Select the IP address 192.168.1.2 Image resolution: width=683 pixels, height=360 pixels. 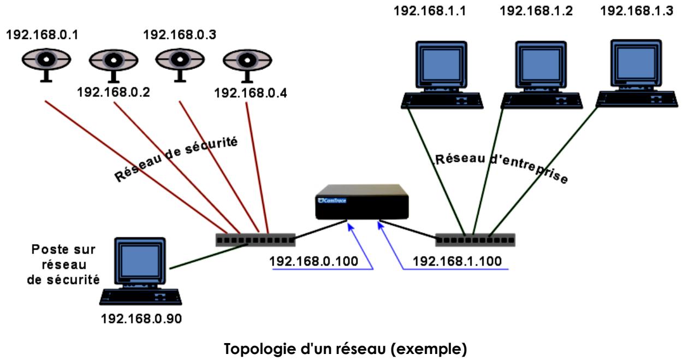click(x=537, y=11)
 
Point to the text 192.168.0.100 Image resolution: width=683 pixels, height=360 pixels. click(x=313, y=261)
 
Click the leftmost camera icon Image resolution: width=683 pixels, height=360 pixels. click(x=46, y=62)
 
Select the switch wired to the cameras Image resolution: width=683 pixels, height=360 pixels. click(x=255, y=239)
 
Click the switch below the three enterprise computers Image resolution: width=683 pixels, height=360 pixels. click(x=475, y=239)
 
